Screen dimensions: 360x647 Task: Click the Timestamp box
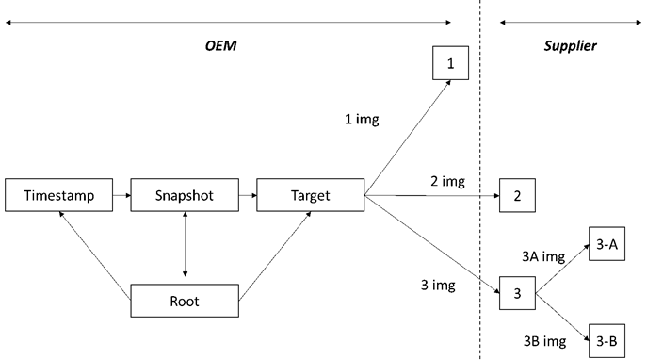click(x=58, y=196)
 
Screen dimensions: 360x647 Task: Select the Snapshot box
click(x=184, y=196)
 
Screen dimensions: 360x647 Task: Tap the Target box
click(x=310, y=196)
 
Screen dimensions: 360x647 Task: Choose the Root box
click(x=184, y=302)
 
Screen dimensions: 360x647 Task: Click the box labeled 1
click(x=450, y=64)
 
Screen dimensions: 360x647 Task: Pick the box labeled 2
click(x=517, y=196)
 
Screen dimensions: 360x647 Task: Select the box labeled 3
click(x=517, y=293)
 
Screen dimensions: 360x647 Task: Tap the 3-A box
click(x=606, y=244)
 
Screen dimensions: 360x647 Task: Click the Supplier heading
click(x=571, y=45)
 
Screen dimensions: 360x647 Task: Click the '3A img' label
click(x=543, y=254)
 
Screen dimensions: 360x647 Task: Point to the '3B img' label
click(x=543, y=333)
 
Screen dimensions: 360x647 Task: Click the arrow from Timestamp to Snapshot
click(x=121, y=196)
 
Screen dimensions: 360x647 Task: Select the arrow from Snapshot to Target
click(x=247, y=196)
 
